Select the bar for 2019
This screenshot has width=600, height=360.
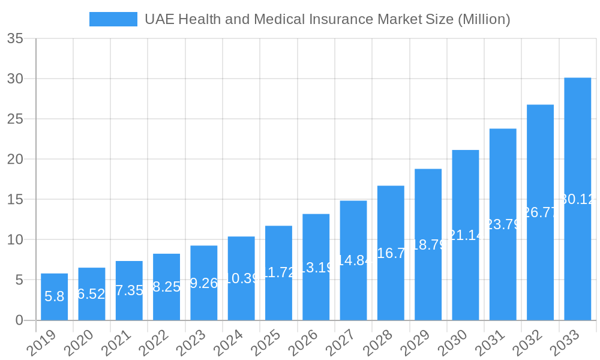pyautogui.click(x=54, y=297)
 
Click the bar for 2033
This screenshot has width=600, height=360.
pyautogui.click(x=577, y=199)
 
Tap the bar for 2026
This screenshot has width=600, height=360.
pyautogui.click(x=316, y=267)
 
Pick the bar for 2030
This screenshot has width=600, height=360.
pyautogui.click(x=465, y=235)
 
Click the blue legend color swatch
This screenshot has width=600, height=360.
pyautogui.click(x=113, y=19)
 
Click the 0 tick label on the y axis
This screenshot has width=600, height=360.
pyautogui.click(x=19, y=320)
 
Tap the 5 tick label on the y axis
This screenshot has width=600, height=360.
pyautogui.click(x=19, y=280)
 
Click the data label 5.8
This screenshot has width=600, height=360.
pyautogui.click(x=54, y=296)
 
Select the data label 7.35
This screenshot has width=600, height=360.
pyautogui.click(x=129, y=290)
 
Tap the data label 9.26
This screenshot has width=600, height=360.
pyautogui.click(x=203, y=283)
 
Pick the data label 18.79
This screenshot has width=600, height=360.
pyautogui.click(x=428, y=245)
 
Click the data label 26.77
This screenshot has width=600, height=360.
pyautogui.click(x=540, y=212)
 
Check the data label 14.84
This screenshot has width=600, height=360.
pyautogui.click(x=353, y=260)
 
